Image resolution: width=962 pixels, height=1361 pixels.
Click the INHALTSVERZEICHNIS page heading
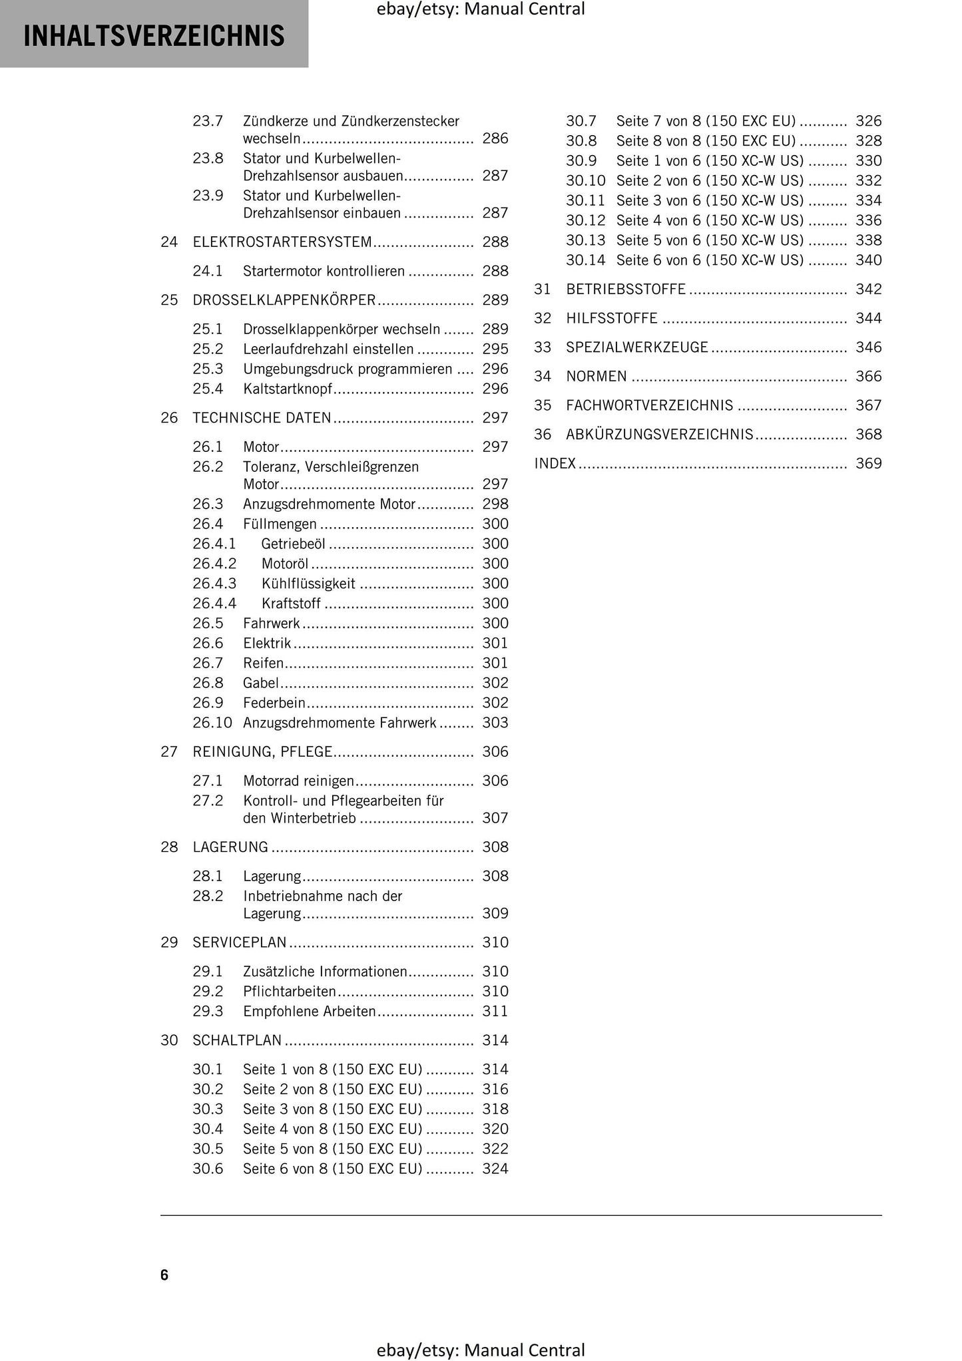pyautogui.click(x=154, y=36)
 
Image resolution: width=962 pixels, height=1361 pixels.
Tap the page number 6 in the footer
pyautogui.click(x=164, y=1274)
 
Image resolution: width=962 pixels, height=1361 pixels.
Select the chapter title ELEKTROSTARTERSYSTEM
pyautogui.click(x=282, y=242)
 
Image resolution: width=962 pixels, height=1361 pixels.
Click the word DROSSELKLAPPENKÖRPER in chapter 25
pyautogui.click(x=284, y=300)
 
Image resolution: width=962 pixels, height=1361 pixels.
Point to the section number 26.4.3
pyautogui.click(x=214, y=584)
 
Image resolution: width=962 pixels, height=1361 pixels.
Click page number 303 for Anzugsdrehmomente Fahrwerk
pyautogui.click(x=495, y=723)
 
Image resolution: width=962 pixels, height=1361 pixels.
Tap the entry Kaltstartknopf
pyautogui.click(x=288, y=389)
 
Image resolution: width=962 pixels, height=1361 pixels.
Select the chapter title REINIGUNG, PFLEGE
pyautogui.click(x=262, y=752)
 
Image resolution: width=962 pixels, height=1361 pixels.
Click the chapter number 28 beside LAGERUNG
pyautogui.click(x=169, y=847)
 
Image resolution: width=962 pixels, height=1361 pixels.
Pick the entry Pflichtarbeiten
pyautogui.click(x=290, y=992)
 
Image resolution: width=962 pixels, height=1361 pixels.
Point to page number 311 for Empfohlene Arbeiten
pyautogui.click(x=495, y=1012)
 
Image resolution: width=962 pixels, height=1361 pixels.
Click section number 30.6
pyautogui.click(x=208, y=1169)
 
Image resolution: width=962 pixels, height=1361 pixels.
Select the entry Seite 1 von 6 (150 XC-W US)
pyautogui.click(x=710, y=161)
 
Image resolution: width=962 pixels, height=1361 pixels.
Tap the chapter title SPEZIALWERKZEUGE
pyautogui.click(x=637, y=347)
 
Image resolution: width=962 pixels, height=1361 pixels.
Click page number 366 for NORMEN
pyautogui.click(x=868, y=377)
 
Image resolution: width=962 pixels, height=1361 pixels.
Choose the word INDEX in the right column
pyautogui.click(x=555, y=464)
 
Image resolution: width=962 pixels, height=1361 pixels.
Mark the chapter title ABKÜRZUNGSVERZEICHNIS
pyautogui.click(x=659, y=435)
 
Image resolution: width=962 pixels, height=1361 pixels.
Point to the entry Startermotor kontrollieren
pyautogui.click(x=324, y=272)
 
